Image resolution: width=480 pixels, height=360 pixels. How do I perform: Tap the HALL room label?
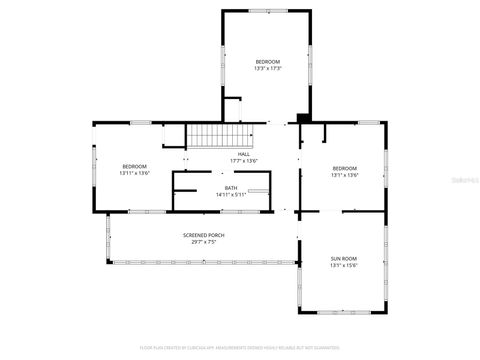coord(243,154)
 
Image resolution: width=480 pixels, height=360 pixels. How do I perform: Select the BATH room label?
coord(231,188)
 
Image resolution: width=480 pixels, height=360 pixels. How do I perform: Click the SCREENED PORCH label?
coord(203,236)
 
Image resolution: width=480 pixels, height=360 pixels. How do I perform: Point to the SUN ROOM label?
coord(343,259)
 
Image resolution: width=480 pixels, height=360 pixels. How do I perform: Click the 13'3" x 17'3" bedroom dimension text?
coord(267,69)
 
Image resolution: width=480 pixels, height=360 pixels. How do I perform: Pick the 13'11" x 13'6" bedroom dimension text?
coord(135,173)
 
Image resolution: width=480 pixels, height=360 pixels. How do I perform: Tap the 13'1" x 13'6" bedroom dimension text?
coord(344,174)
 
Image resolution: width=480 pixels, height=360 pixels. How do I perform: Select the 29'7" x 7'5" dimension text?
coord(203,243)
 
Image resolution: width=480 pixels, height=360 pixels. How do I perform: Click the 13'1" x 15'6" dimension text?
coord(343,266)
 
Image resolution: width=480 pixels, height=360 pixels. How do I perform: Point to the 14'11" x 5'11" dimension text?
coord(231,195)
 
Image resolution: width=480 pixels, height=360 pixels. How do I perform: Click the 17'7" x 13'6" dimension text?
coord(243,161)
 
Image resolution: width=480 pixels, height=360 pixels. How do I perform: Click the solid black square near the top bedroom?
coord(303,119)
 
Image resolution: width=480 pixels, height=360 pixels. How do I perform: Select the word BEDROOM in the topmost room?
coord(267,62)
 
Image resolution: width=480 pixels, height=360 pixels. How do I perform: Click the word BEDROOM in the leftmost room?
coord(135,166)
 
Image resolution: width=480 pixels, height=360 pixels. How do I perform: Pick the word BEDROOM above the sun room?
coord(344,167)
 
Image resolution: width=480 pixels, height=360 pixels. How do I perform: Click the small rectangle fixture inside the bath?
coord(259,189)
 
